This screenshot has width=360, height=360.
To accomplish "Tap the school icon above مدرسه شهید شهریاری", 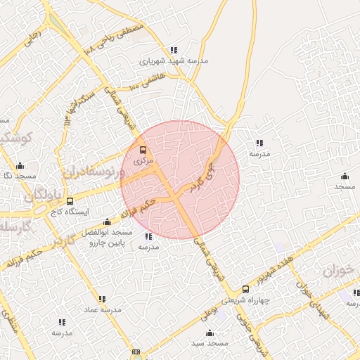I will point(173,50).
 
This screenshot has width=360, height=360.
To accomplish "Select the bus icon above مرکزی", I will point(143,150).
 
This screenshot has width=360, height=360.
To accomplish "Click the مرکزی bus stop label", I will point(143,161).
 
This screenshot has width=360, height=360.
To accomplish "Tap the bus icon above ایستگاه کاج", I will point(69,201).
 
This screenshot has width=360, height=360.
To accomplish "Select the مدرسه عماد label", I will point(103,309).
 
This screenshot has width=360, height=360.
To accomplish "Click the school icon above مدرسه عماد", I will point(103,298).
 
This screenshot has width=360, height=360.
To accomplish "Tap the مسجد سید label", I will point(210,343).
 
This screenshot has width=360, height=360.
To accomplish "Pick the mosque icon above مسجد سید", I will point(209,333).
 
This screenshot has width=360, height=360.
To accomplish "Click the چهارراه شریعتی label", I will point(245,300).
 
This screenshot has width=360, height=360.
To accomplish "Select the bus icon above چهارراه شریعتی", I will point(245,289).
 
